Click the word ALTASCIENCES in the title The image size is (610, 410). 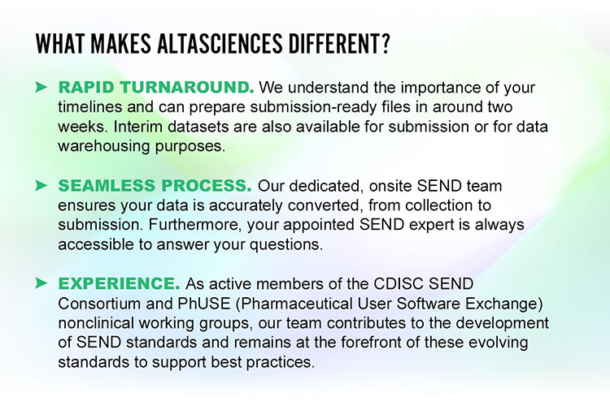(220, 44)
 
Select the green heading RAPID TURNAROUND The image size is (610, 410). (156, 88)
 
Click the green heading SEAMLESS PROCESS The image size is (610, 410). (155, 186)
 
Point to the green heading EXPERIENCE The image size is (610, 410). (119, 283)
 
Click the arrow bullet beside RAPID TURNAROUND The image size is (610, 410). (41, 88)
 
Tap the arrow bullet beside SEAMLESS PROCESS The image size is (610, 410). (41, 186)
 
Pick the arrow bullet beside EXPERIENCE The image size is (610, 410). (41, 283)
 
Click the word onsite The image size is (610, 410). (390, 186)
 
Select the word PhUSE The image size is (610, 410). (204, 304)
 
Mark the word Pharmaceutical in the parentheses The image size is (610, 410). (294, 304)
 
